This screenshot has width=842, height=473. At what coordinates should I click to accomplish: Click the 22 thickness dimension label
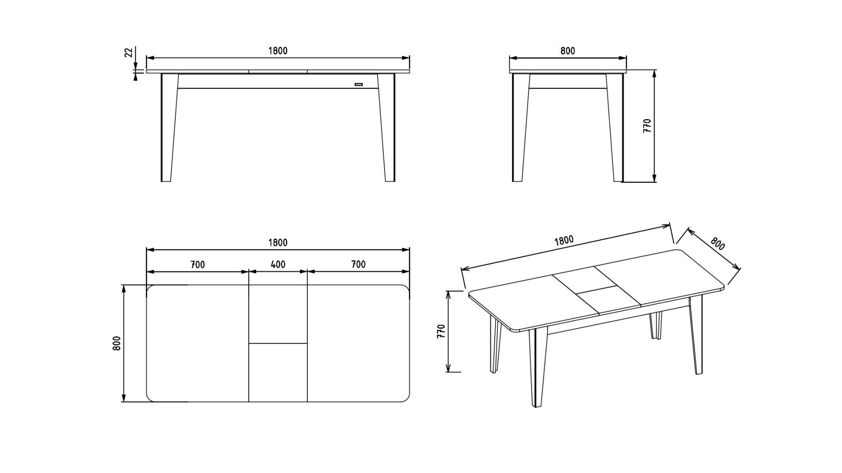point(128,53)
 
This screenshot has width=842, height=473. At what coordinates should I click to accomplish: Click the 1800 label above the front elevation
point(278,51)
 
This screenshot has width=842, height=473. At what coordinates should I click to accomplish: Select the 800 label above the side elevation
point(567,51)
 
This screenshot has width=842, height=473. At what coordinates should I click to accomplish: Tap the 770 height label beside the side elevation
point(647,126)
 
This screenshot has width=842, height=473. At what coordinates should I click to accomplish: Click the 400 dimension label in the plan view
point(278,264)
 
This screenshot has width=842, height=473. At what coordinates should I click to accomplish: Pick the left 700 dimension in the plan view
point(198,265)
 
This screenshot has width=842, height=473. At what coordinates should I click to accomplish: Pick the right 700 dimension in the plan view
point(358,264)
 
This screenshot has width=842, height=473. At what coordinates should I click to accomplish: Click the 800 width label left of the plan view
point(117,343)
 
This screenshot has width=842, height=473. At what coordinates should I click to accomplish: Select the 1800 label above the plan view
point(278,243)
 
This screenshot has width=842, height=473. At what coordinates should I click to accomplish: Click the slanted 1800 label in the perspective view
point(564,241)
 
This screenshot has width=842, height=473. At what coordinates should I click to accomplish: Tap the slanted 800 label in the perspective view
point(717,243)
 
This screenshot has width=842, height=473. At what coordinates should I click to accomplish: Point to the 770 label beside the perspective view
point(441,331)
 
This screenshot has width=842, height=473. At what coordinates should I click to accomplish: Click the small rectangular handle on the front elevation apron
point(359,84)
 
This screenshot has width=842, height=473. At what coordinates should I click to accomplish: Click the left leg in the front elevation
point(169,127)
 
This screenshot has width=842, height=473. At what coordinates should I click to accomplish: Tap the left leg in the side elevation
point(521,127)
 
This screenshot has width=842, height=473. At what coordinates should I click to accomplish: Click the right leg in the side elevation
point(615,127)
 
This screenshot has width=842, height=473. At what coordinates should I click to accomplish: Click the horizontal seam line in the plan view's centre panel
point(278,343)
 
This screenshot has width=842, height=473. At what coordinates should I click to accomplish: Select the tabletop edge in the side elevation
point(568,71)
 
